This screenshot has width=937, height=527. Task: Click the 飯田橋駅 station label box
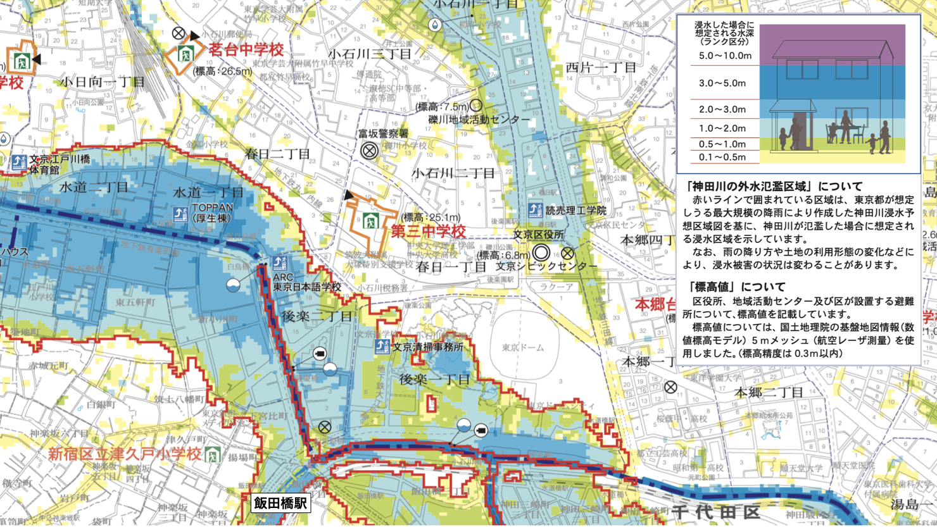pos(280,503)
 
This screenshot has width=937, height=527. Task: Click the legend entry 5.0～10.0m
pos(724,56)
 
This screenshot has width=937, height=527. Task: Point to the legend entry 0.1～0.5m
pos(722,157)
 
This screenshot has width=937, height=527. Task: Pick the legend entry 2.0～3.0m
pos(722,109)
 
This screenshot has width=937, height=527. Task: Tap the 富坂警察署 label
pos(383,133)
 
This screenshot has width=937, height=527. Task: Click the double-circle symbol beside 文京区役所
pos(541,253)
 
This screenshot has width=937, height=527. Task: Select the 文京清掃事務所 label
pos(427,347)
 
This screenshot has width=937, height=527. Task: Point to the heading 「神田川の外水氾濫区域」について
pos(774,187)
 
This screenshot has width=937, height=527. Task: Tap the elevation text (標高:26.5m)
pos(223,71)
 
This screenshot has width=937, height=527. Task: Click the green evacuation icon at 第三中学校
pos(370,221)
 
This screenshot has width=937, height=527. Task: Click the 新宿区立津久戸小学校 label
pos(125,454)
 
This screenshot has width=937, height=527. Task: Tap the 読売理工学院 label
pos(575,210)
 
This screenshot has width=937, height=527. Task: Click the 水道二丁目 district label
pos(94,187)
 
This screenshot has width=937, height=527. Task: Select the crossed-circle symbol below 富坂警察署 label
pos(370,151)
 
